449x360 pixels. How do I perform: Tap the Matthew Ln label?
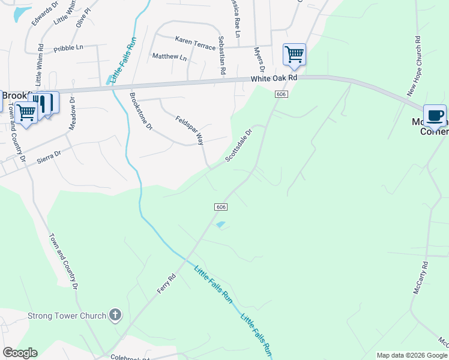tap(169, 57)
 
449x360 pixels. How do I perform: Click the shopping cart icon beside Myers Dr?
tap(294, 55)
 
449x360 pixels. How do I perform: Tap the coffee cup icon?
tap(435, 115)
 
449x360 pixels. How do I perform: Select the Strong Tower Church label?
tap(67, 316)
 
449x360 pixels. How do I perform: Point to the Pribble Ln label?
tap(68, 48)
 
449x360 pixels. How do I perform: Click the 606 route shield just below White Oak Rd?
tap(282, 95)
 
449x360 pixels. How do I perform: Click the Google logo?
tap(20, 353)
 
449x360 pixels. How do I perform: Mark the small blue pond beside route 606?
tap(221, 225)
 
